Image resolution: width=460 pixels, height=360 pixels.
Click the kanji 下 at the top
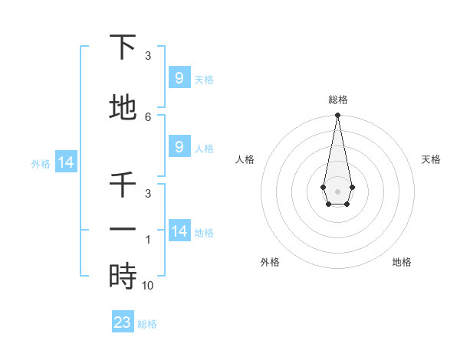coord(123,47)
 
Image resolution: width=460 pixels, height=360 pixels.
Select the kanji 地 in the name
coord(123,107)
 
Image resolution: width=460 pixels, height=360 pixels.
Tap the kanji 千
coord(123,185)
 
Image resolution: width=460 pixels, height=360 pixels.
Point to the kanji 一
coord(123,230)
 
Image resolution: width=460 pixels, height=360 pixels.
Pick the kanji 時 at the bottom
coord(123,276)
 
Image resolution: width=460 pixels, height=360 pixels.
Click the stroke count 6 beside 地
coord(148,116)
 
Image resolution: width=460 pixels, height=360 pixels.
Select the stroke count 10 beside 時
coord(148,286)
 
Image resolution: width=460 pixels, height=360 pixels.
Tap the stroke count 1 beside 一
coord(148,240)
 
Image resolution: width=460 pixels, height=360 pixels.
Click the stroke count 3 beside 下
coord(148,56)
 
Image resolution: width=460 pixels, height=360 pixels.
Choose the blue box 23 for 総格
coord(122,322)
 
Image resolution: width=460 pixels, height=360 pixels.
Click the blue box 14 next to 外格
coord(65,162)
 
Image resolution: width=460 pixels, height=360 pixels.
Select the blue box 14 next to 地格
coord(179,231)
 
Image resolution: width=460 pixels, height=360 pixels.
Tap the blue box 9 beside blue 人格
coord(179,147)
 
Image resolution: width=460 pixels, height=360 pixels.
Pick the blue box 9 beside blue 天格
coord(179,78)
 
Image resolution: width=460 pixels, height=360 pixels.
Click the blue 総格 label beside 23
coord(147,324)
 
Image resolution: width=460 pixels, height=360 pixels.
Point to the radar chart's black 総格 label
coord(337,100)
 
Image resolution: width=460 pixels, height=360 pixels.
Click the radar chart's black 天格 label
coord(431,159)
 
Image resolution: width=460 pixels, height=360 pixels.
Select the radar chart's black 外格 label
coord(270,262)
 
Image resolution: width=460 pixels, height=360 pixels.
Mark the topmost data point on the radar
coord(337,116)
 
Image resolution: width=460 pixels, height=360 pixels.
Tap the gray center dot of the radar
coord(337,191)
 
